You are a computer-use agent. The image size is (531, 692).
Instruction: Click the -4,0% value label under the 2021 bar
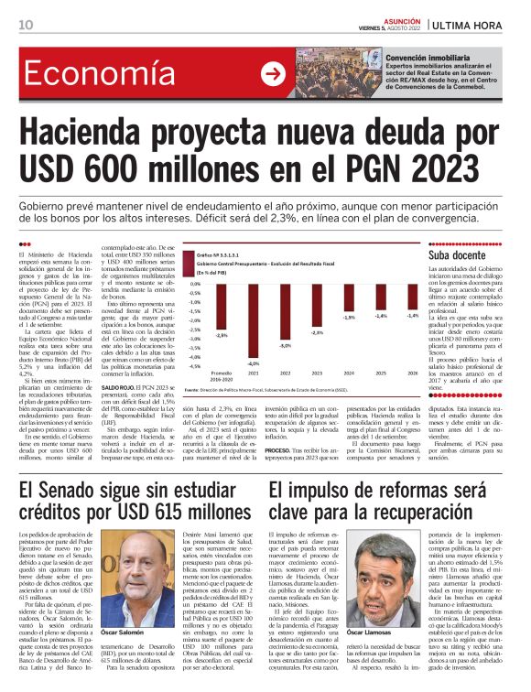253,364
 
